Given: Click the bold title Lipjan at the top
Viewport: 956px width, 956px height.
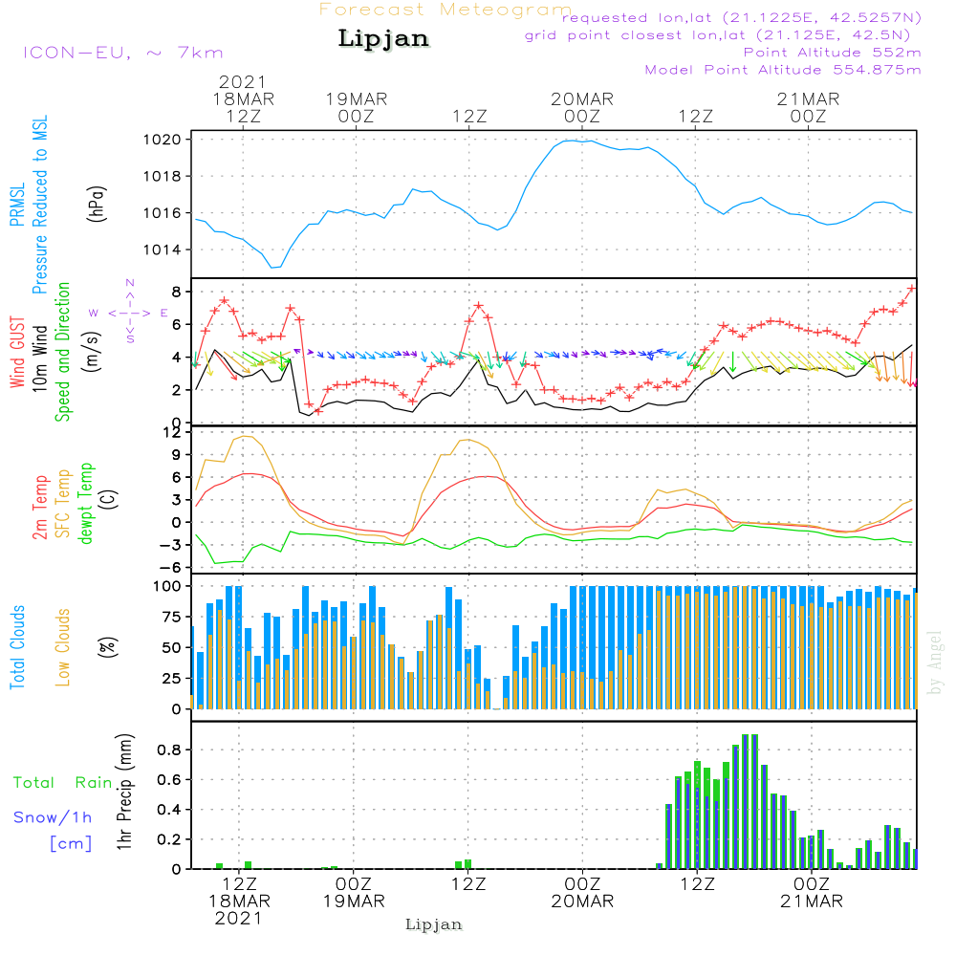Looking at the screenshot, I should [x=383, y=38].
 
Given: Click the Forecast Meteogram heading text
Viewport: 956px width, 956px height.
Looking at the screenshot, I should [x=445, y=10].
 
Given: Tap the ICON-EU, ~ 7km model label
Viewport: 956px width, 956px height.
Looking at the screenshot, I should [x=122, y=53].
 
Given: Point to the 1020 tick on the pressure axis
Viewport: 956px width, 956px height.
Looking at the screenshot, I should [x=169, y=140].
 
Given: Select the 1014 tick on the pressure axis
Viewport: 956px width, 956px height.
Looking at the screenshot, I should [x=169, y=250].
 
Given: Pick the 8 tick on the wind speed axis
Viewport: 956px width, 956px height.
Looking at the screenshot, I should [x=176, y=291].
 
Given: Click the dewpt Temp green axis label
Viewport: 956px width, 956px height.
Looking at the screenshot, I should [x=86, y=504].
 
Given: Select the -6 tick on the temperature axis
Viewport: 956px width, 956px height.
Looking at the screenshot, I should [x=173, y=567].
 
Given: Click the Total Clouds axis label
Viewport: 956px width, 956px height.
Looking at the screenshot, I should [x=17, y=646].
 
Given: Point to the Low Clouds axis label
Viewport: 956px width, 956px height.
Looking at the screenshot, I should [x=63, y=646].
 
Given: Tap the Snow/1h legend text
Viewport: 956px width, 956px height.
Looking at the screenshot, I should [x=54, y=817].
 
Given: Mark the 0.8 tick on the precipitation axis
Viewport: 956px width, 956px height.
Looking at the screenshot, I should [x=169, y=750].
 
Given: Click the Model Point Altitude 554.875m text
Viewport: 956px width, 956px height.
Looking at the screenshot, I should [x=783, y=70].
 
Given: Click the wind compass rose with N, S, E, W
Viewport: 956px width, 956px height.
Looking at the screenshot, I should [x=129, y=312].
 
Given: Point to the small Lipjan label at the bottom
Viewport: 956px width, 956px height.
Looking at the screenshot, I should [x=434, y=924].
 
